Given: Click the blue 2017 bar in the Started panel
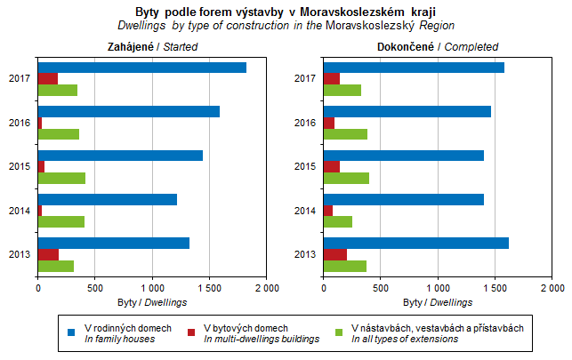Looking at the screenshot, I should pyautogui.click(x=142, y=68).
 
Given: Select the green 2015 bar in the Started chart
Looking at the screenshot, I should pyautogui.click(x=61, y=178).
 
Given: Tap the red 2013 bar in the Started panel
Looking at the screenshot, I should pyautogui.click(x=48, y=254).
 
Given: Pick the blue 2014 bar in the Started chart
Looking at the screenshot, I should pyautogui.click(x=108, y=199).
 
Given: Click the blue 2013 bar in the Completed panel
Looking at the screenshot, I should pyautogui.click(x=416, y=243).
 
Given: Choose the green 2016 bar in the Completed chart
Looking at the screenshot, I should pyautogui.click(x=345, y=134).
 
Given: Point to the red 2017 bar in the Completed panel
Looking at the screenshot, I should pyautogui.click(x=332, y=79).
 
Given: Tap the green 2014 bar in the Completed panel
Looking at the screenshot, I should pyautogui.click(x=338, y=221).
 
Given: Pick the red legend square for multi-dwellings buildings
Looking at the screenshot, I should pyautogui.click(x=191, y=332).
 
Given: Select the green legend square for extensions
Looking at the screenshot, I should pyautogui.click(x=339, y=332).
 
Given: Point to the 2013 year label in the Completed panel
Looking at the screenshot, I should pyautogui.click(x=304, y=254).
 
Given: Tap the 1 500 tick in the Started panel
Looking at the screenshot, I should pyautogui.click(x=209, y=288).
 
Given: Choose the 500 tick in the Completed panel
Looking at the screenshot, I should pyautogui.click(x=381, y=288).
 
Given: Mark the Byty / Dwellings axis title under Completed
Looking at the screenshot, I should pyautogui.click(x=438, y=302).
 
